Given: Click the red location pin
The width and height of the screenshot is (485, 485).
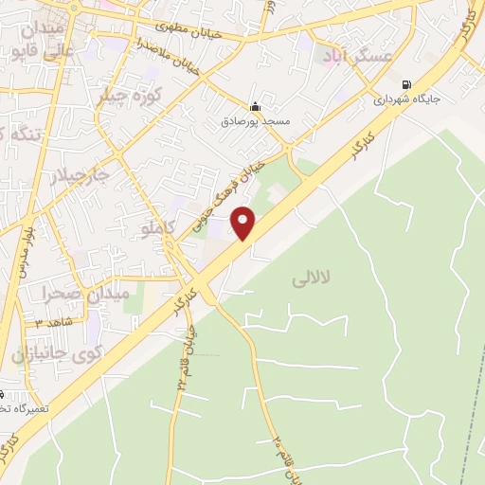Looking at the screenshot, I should pyautogui.click(x=244, y=224).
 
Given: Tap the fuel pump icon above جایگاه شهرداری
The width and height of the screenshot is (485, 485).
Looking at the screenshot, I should pyautogui.click(x=406, y=83).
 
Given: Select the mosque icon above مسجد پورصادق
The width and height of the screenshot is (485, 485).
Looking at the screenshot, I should pyautogui.click(x=255, y=106).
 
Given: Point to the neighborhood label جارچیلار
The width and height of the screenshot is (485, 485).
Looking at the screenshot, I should pyautogui.click(x=80, y=177).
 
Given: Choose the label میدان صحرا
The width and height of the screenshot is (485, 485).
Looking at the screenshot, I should pyautogui.click(x=84, y=295).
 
